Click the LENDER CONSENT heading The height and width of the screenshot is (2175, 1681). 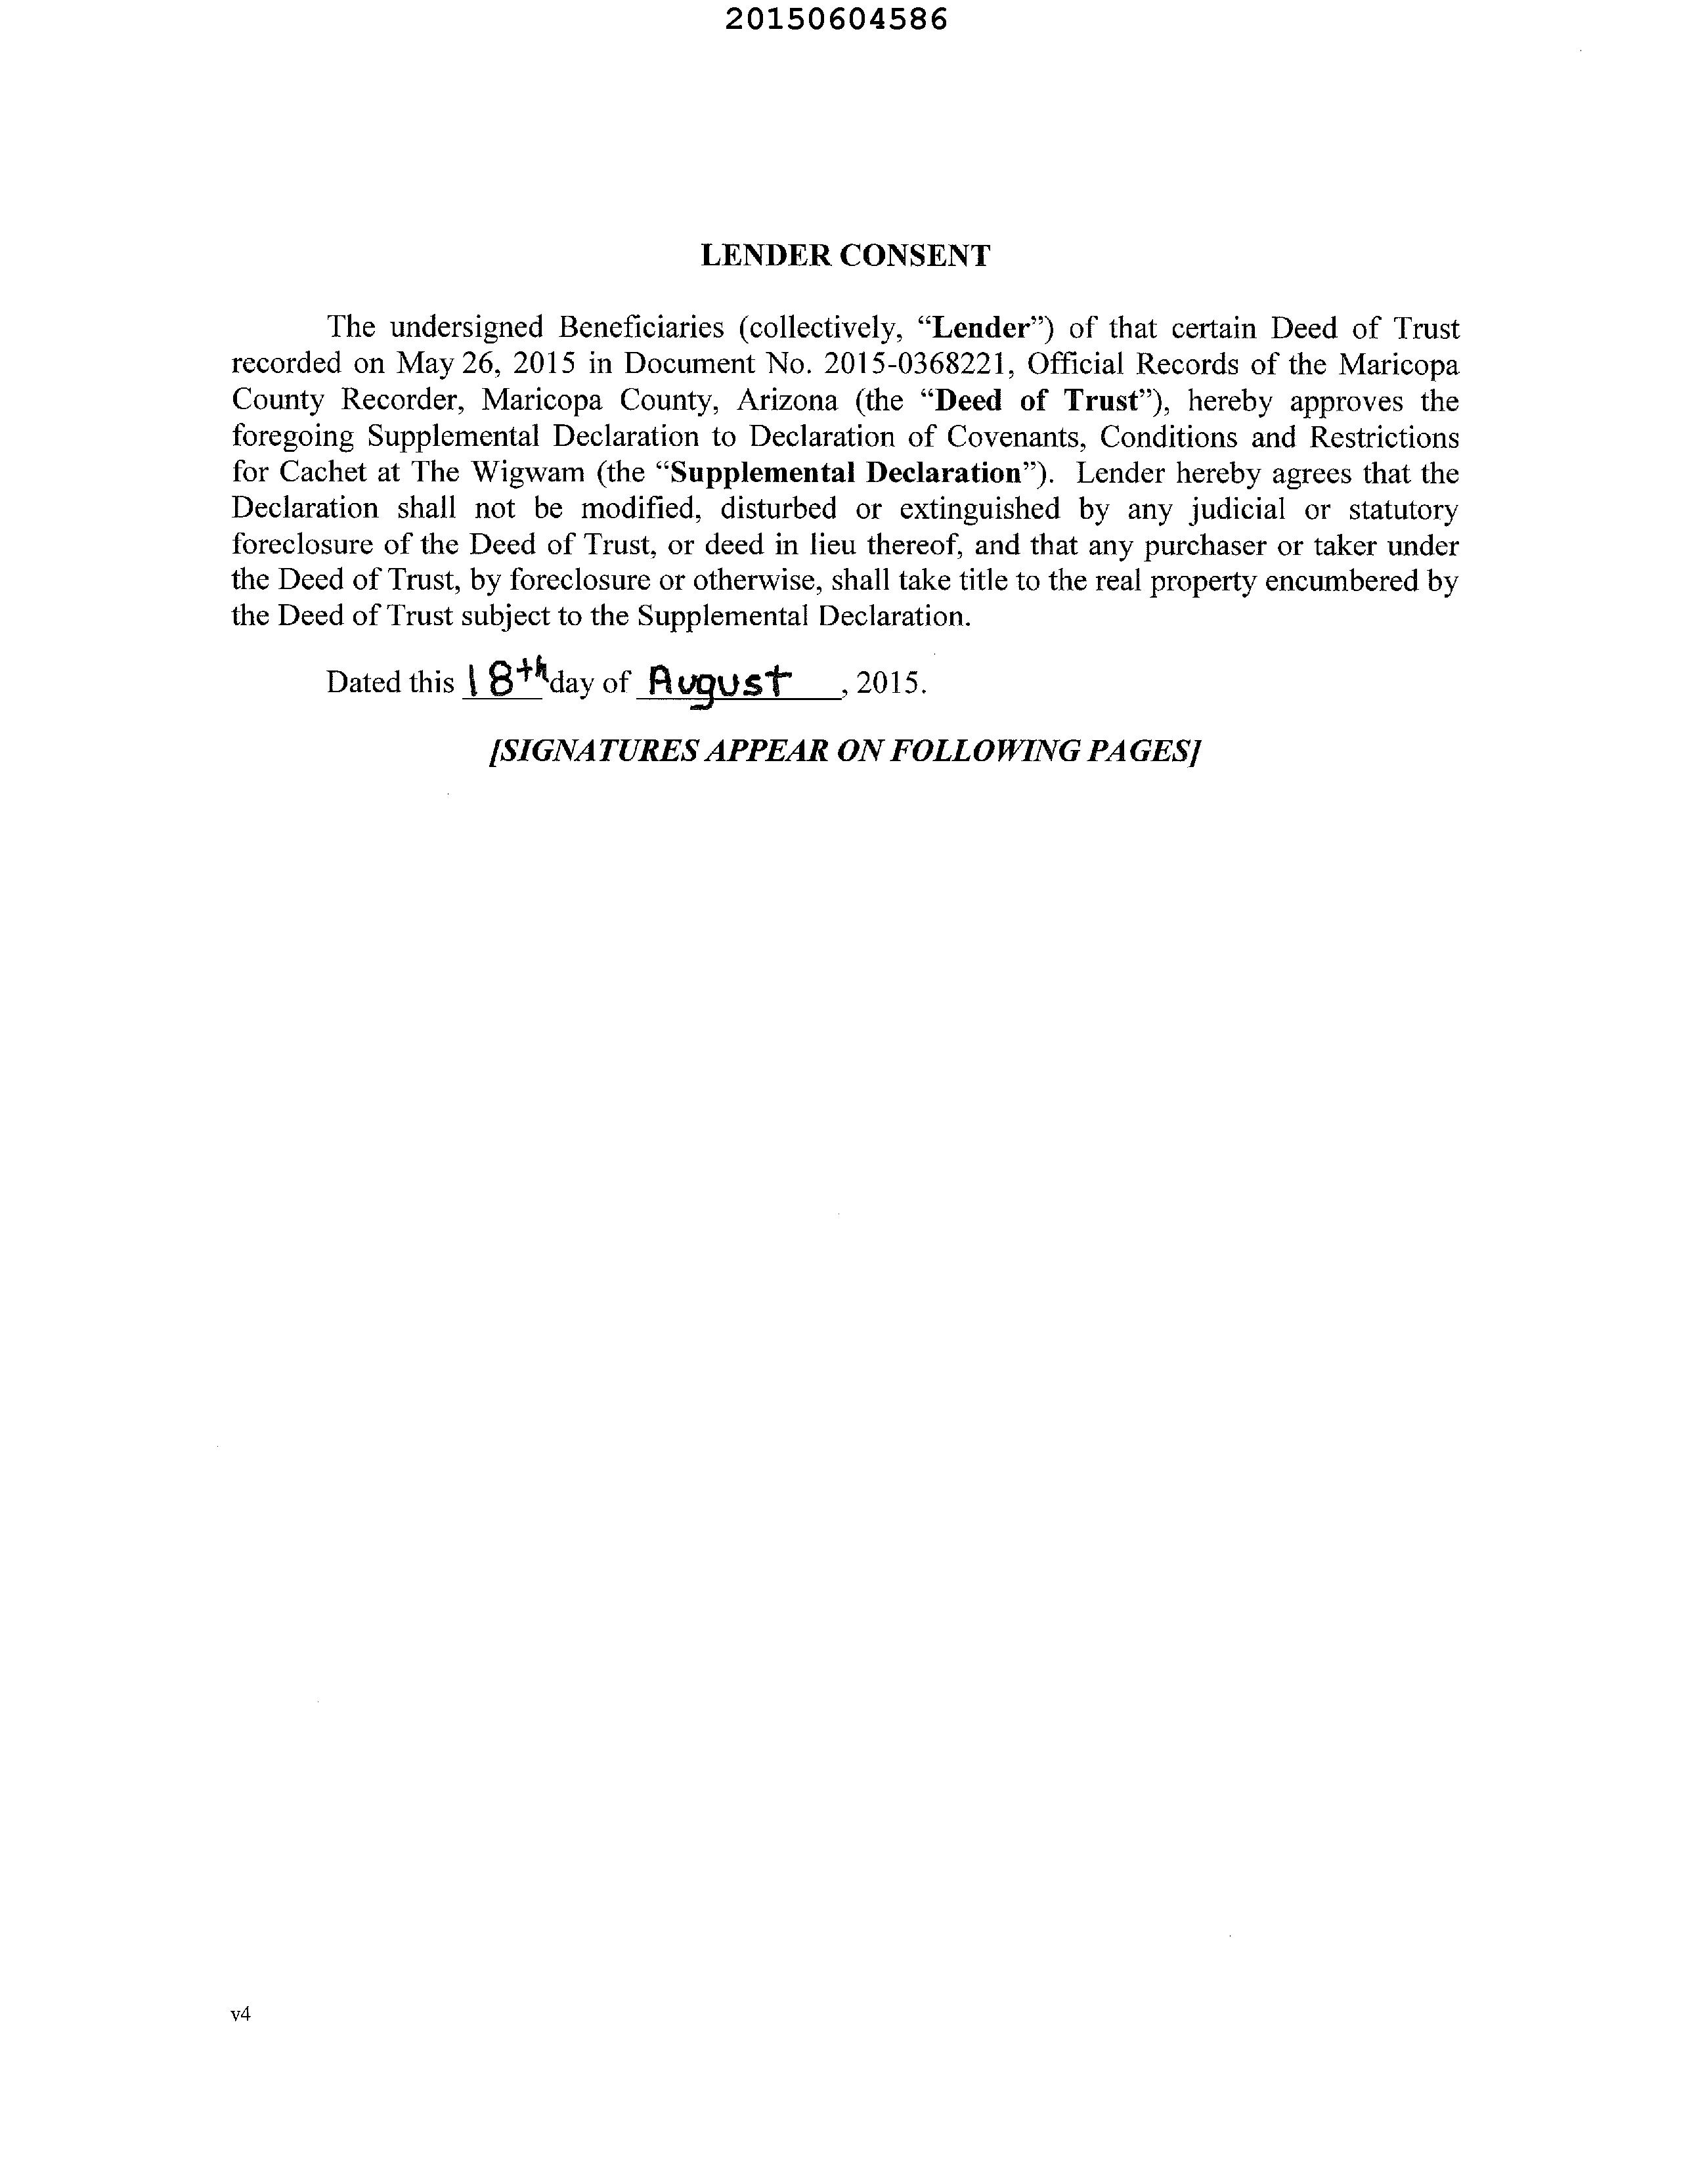[844, 256]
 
